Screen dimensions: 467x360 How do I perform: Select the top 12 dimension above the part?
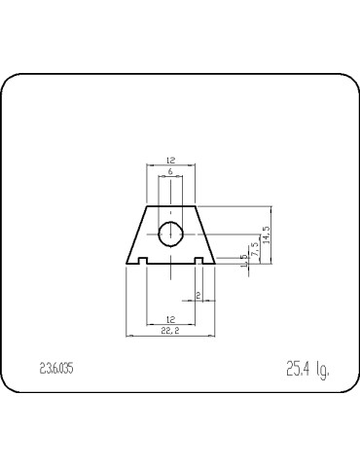click(x=171, y=161)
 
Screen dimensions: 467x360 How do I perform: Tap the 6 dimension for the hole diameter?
click(x=171, y=172)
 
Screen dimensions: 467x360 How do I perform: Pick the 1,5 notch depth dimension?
click(x=244, y=259)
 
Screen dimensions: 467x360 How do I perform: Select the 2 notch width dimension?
click(x=198, y=295)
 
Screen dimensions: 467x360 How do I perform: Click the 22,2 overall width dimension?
click(x=171, y=332)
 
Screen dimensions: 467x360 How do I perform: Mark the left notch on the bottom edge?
click(x=142, y=261)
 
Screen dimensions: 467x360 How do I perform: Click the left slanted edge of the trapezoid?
click(x=136, y=233)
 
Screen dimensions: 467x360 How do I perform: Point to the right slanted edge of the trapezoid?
click(x=206, y=233)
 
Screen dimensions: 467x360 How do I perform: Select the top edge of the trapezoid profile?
click(x=171, y=205)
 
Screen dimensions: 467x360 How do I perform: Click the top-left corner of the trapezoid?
click(x=146, y=205)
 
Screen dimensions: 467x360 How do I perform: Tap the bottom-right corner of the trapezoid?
click(x=216, y=264)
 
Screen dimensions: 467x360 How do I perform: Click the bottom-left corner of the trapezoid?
click(x=126, y=264)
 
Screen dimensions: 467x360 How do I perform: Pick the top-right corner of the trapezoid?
click(x=197, y=205)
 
